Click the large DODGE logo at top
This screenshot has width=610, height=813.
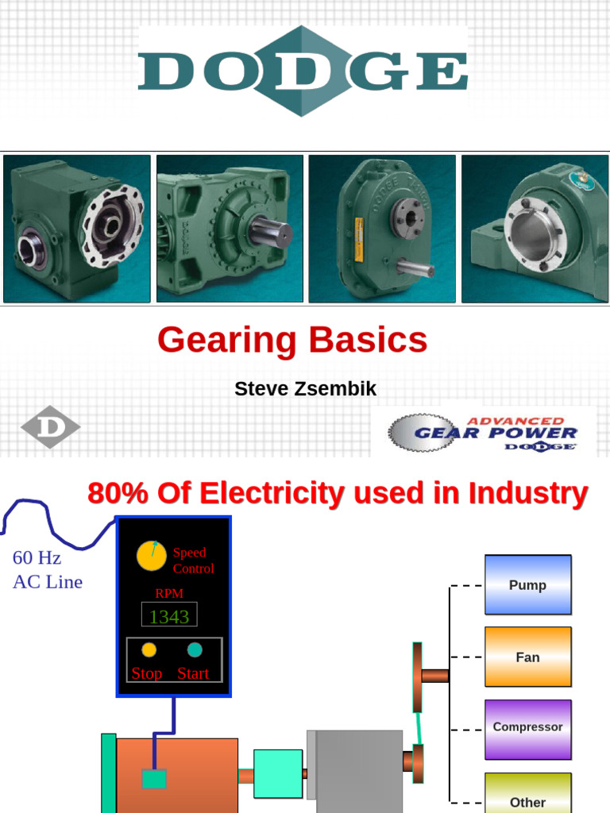pyautogui.click(x=303, y=71)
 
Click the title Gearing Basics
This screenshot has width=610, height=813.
pyautogui.click(x=292, y=341)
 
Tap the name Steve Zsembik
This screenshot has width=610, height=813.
pyautogui.click(x=305, y=389)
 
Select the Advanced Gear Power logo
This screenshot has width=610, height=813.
pyautogui.click(x=483, y=433)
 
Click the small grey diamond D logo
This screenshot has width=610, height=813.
pyautogui.click(x=50, y=427)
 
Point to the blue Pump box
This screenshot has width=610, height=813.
pyautogui.click(x=527, y=585)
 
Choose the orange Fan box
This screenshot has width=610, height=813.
pyautogui.click(x=527, y=657)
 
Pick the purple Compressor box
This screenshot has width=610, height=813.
pyautogui.click(x=527, y=728)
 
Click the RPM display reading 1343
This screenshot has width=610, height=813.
pyautogui.click(x=169, y=616)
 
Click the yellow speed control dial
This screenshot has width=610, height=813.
pyautogui.click(x=151, y=557)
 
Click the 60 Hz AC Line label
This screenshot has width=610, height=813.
pyautogui.click(x=47, y=570)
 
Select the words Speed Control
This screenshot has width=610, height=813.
pyautogui.click(x=193, y=561)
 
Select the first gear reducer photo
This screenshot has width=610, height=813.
pyautogui.click(x=77, y=229)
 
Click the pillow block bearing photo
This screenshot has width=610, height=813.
pyautogui.click(x=535, y=229)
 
